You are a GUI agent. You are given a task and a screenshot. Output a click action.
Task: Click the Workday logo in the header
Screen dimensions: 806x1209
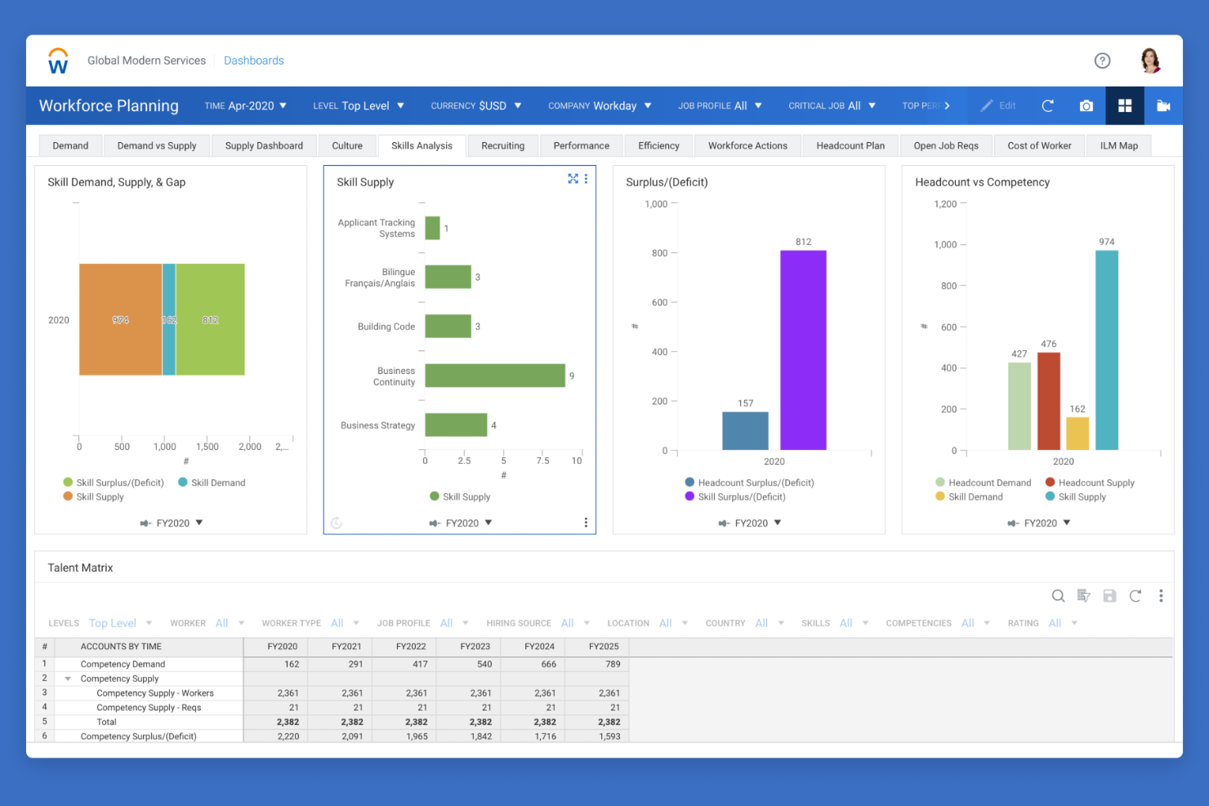58,61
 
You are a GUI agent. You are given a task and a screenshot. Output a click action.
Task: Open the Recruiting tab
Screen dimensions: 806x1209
502,146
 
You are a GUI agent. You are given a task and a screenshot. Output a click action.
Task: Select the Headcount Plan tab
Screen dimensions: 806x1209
850,146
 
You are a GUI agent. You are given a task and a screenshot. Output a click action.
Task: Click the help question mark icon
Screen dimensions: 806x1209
1102,60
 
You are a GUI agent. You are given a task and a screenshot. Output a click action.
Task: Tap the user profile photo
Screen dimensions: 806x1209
1150,60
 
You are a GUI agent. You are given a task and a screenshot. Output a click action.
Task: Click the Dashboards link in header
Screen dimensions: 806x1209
253,60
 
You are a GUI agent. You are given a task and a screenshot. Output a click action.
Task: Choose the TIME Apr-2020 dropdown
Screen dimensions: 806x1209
245,106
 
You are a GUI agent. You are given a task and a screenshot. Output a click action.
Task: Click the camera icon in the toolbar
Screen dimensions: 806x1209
1086,106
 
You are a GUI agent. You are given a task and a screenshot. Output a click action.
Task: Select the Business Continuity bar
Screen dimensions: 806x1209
494,376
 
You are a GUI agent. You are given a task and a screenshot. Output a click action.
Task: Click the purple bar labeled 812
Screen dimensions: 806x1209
802,350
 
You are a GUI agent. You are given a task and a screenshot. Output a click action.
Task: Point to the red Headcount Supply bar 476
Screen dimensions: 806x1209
1048,401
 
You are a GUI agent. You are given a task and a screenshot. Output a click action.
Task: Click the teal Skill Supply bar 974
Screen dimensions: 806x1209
1106,350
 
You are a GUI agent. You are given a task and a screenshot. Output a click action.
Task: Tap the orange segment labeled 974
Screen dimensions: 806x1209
120,319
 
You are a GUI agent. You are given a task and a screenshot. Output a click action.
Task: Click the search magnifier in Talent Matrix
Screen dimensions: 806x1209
1058,596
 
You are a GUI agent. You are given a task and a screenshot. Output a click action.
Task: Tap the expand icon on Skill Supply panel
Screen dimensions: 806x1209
573,179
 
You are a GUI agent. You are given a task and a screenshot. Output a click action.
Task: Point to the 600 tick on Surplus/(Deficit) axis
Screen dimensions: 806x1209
659,302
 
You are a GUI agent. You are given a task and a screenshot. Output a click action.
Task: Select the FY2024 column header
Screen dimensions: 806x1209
539,647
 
